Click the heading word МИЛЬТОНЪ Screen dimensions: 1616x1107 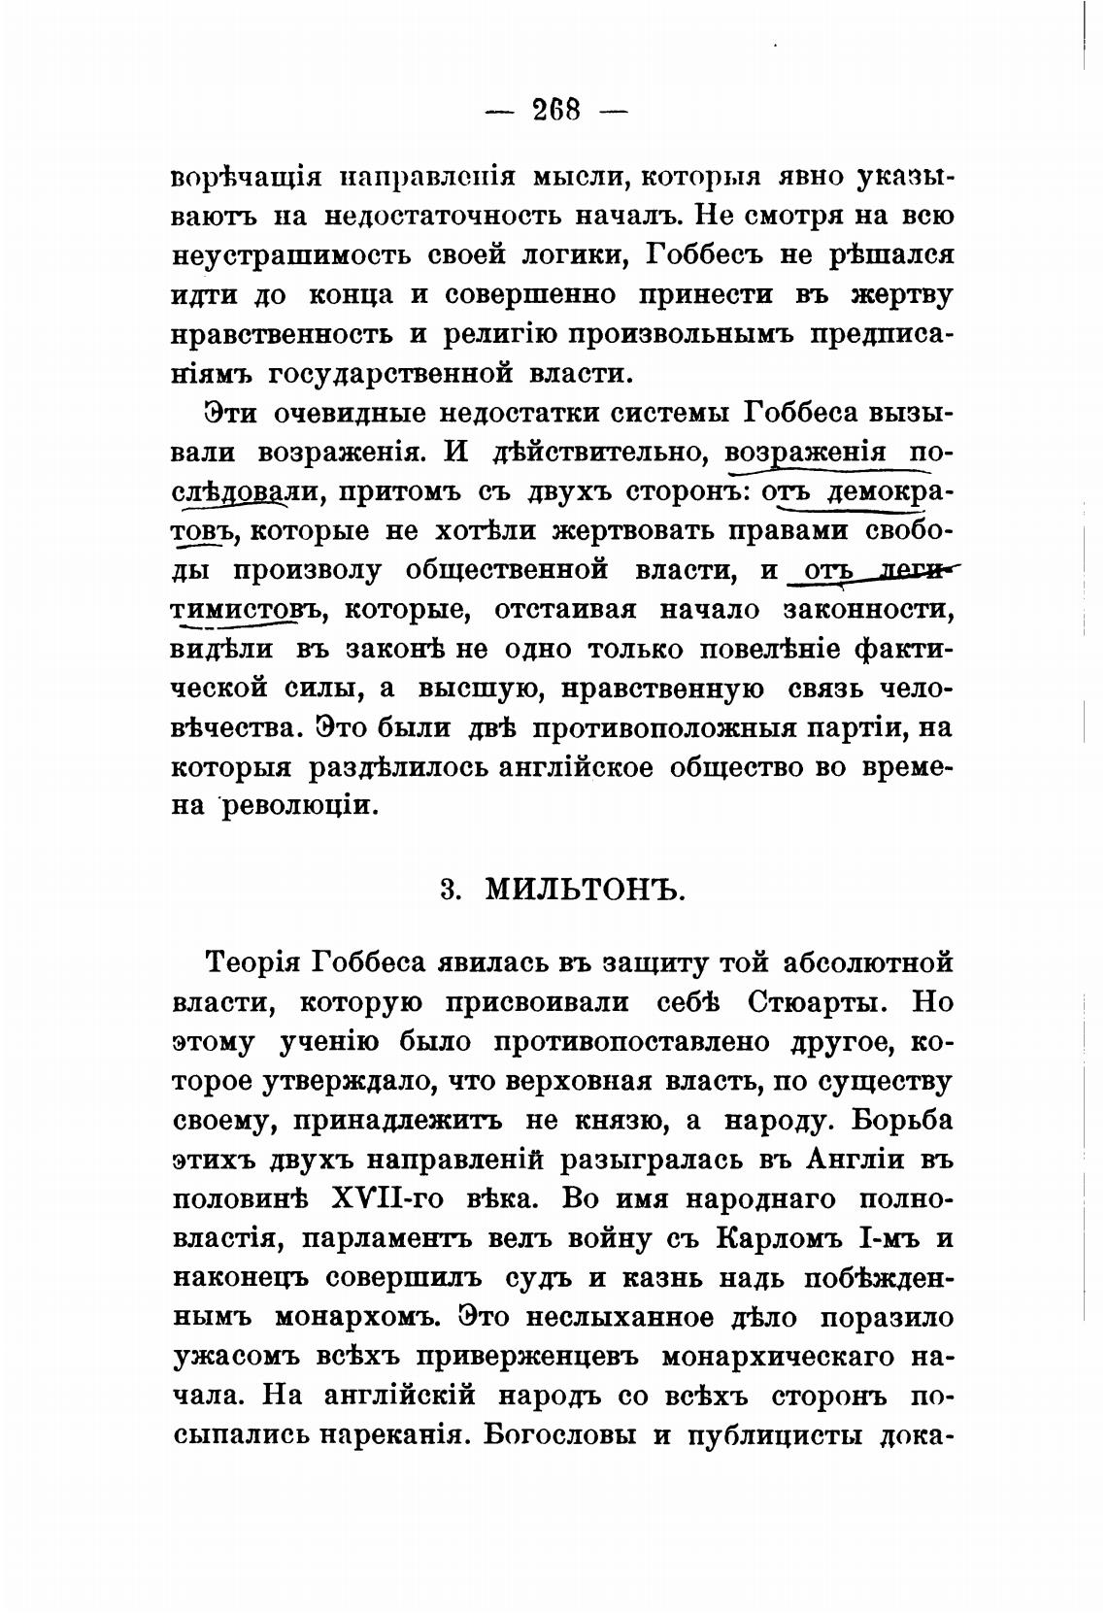click(585, 890)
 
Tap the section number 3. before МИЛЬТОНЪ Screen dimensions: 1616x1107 click(450, 890)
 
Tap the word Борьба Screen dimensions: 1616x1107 click(901, 1120)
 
